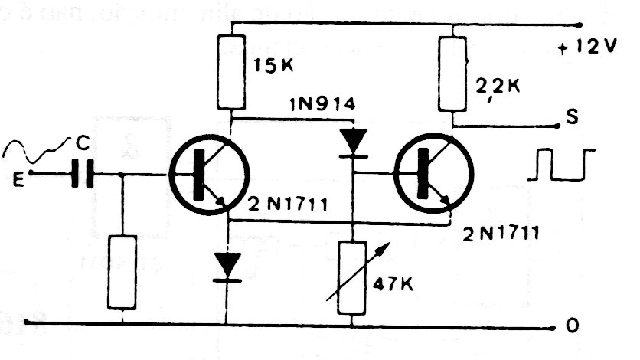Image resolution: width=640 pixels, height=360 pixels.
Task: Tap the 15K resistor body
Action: [x=232, y=71]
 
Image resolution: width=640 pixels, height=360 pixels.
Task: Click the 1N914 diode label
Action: [x=321, y=104]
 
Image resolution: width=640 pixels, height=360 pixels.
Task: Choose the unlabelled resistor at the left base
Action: [x=122, y=272]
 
